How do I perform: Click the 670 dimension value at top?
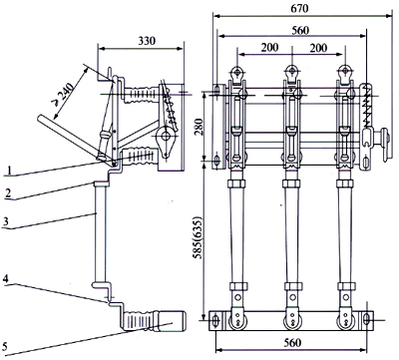(299, 8)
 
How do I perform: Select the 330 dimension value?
(147, 41)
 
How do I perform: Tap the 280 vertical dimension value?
(198, 128)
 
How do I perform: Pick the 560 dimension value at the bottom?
(292, 343)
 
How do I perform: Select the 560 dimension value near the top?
(300, 31)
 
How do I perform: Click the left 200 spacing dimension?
(269, 48)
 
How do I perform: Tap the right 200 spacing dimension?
(318, 48)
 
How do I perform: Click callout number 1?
(10, 171)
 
